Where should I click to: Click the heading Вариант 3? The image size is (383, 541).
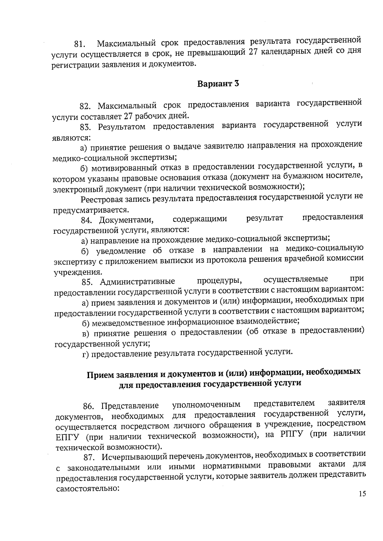pyautogui.click(x=218, y=84)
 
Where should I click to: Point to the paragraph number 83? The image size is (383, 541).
pyautogui.click(x=86, y=127)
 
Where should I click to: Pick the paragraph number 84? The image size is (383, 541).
pyautogui.click(x=87, y=220)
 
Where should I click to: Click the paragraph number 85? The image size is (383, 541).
pyautogui.click(x=88, y=282)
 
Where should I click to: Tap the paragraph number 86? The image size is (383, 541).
pyautogui.click(x=89, y=406)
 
